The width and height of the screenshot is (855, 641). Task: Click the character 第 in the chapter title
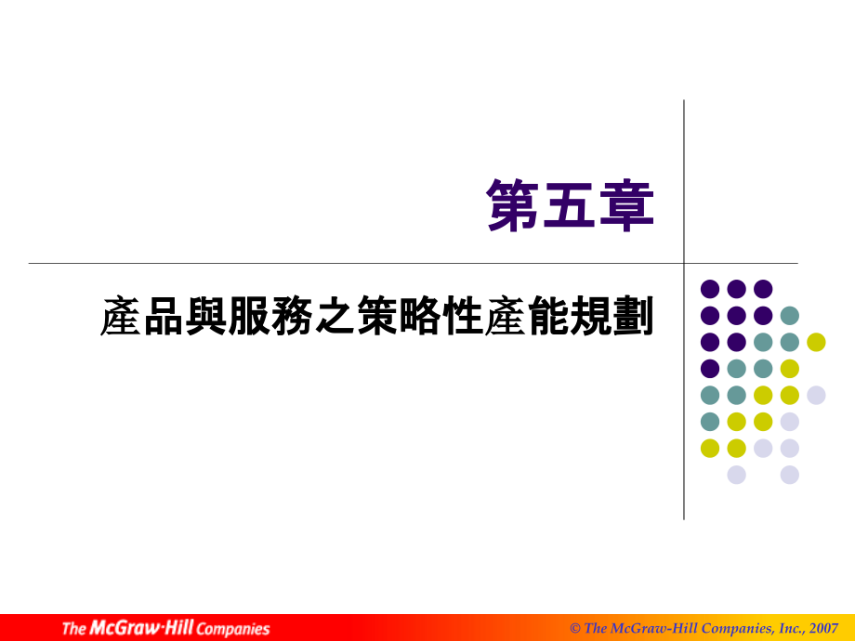point(516,205)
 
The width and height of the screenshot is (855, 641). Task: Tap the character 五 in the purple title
point(572,205)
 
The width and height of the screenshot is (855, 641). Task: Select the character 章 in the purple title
point(627,205)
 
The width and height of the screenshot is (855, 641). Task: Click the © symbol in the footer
point(575,628)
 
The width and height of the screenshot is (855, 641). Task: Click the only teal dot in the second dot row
point(790,315)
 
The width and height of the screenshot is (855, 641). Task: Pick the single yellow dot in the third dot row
point(816,342)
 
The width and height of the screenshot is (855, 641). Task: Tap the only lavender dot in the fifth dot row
point(816,395)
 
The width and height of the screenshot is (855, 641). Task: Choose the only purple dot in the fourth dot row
point(710,369)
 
